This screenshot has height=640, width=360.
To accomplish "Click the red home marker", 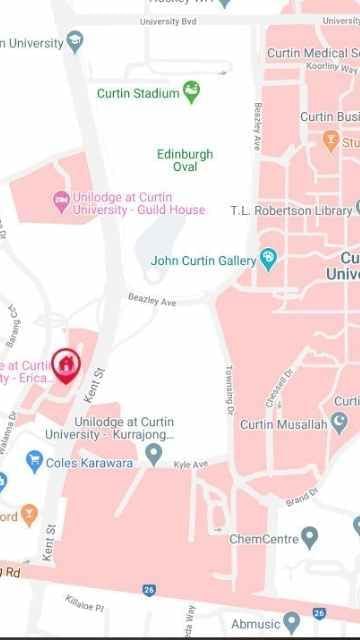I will pyautogui.click(x=65, y=365).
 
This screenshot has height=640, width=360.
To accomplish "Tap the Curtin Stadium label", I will pyautogui.click(x=138, y=93).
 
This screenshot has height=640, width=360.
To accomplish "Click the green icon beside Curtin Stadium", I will pyautogui.click(x=191, y=93).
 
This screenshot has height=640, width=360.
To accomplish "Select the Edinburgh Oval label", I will pyautogui.click(x=185, y=160).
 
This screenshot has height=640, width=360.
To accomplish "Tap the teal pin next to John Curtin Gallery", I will pyautogui.click(x=268, y=261).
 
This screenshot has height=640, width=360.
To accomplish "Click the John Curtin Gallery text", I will pyautogui.click(x=203, y=261).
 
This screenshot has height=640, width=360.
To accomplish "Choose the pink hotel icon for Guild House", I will pyautogui.click(x=60, y=201).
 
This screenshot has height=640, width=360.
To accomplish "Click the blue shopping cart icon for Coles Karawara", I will pyautogui.click(x=34, y=461).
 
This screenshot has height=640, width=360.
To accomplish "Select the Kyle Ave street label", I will pyautogui.click(x=190, y=465).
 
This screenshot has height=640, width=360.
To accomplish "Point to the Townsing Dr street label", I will pyautogui.click(x=229, y=390).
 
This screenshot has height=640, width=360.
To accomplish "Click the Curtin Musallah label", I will pyautogui.click(x=284, y=425).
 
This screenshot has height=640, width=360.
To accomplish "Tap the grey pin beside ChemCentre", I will pyautogui.click(x=309, y=538).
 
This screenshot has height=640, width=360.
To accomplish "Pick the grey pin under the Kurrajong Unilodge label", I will pyautogui.click(x=153, y=455).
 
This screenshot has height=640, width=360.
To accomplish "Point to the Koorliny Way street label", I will pyautogui.click(x=331, y=67).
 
